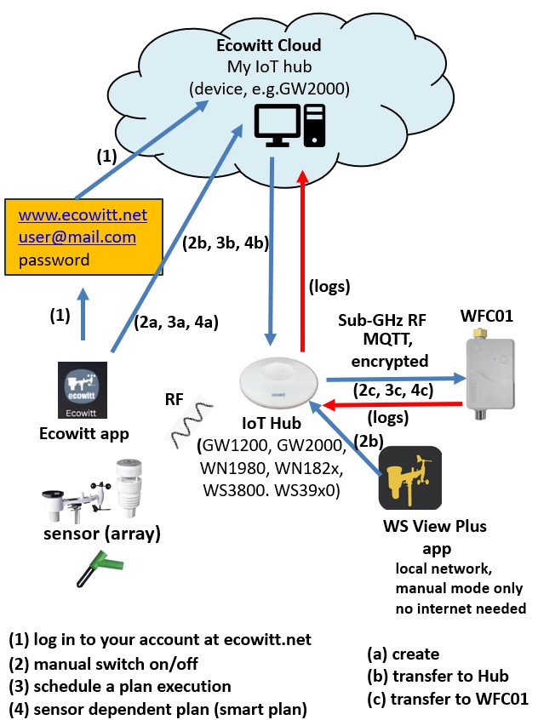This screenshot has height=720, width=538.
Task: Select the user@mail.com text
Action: [x=77, y=237]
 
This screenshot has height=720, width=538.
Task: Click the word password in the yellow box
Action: [x=54, y=260]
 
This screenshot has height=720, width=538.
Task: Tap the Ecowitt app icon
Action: [x=83, y=391]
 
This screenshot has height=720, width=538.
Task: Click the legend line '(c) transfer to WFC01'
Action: [x=447, y=699]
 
